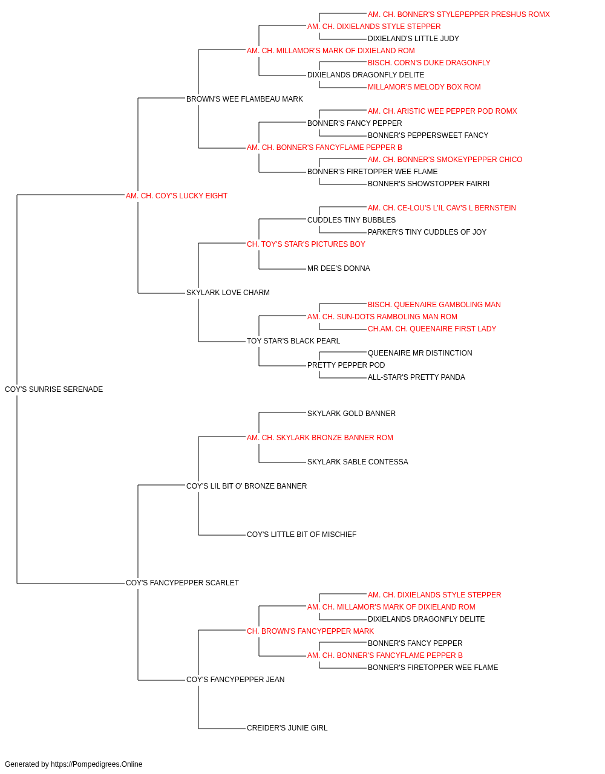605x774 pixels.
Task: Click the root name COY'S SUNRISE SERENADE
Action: click(x=54, y=389)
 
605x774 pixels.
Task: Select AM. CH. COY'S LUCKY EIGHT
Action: click(x=177, y=195)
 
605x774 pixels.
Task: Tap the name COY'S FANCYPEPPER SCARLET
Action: click(x=182, y=582)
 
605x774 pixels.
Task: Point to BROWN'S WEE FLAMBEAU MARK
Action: click(x=244, y=99)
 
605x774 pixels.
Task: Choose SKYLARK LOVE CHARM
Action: click(x=227, y=292)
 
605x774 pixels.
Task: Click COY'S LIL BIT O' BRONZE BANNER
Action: click(x=246, y=486)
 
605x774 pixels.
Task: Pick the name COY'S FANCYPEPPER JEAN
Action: click(x=235, y=679)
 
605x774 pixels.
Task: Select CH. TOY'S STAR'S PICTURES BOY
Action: click(x=306, y=244)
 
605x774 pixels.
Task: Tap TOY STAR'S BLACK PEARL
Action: click(x=293, y=340)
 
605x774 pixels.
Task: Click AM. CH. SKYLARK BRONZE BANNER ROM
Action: click(x=319, y=437)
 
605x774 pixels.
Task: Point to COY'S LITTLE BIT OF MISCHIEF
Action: click(x=301, y=535)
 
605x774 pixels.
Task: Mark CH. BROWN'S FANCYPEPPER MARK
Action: click(x=310, y=631)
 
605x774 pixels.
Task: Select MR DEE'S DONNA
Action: click(x=338, y=268)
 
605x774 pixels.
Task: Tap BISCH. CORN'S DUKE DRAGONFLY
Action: click(x=428, y=63)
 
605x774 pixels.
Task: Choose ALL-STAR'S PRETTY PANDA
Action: click(x=416, y=377)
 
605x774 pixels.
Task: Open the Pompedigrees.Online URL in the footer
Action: click(x=97, y=764)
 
